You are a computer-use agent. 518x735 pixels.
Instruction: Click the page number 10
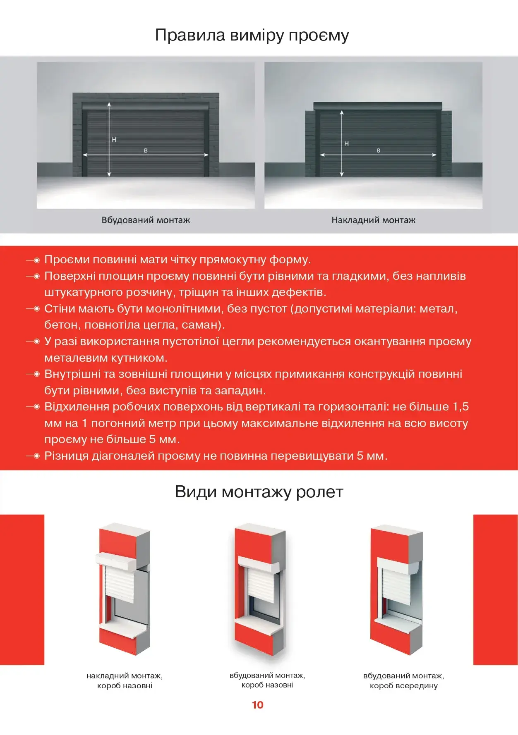(x=257, y=705)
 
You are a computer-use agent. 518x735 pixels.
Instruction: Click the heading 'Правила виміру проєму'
(x=252, y=35)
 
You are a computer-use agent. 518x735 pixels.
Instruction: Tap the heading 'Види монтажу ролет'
(x=259, y=492)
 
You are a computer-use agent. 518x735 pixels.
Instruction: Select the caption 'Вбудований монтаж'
(x=146, y=220)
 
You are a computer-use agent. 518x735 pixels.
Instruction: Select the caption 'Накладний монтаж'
(x=373, y=220)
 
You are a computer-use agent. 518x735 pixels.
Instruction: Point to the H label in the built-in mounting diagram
(x=114, y=140)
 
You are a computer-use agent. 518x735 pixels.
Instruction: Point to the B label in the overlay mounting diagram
(x=379, y=151)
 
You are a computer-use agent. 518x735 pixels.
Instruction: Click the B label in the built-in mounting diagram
(x=146, y=151)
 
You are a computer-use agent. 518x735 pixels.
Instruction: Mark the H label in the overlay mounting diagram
(x=347, y=143)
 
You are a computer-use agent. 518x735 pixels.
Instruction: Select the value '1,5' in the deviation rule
(x=460, y=407)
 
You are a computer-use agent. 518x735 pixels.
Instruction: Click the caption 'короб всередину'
(x=403, y=686)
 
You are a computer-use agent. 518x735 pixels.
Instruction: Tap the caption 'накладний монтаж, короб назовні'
(x=125, y=680)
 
